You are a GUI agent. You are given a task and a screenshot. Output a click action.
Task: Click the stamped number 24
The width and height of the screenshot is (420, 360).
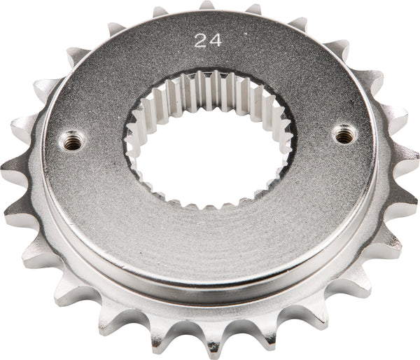208,41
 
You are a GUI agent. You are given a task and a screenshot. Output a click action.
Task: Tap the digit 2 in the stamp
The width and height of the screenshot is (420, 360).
201,41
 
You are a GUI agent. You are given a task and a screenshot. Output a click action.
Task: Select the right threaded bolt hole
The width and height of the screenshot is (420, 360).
344,132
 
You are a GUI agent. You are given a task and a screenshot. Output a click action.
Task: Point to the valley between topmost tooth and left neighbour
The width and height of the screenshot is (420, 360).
183,15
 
